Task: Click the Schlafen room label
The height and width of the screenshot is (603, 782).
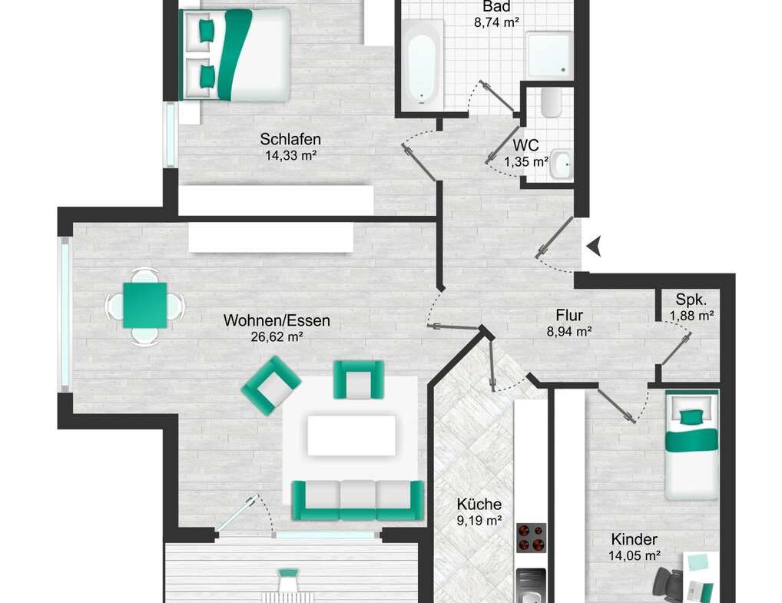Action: point(290,139)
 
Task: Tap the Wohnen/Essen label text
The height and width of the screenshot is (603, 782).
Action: point(277,320)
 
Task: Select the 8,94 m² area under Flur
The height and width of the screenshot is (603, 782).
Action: point(569,331)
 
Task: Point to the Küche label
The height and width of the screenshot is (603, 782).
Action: point(479,504)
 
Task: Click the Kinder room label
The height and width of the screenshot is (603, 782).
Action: point(634,539)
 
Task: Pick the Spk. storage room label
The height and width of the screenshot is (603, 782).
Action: point(691,300)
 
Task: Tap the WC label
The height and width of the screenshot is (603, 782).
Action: point(525,145)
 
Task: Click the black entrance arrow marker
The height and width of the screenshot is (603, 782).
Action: point(594,247)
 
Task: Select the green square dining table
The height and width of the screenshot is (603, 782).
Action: point(144,305)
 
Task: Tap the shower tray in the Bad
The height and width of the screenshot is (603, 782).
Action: point(549,55)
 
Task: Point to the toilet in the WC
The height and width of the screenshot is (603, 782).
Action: point(551,103)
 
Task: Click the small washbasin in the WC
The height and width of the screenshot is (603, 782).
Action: point(561,164)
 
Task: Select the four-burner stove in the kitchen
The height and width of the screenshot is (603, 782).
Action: point(531,538)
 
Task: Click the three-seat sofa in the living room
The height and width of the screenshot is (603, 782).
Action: point(358,500)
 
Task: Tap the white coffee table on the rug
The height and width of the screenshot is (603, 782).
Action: point(352,436)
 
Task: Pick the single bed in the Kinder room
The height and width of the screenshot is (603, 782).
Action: point(691,446)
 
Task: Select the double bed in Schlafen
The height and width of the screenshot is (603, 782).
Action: point(234,55)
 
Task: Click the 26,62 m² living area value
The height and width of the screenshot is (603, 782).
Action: point(277,336)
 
